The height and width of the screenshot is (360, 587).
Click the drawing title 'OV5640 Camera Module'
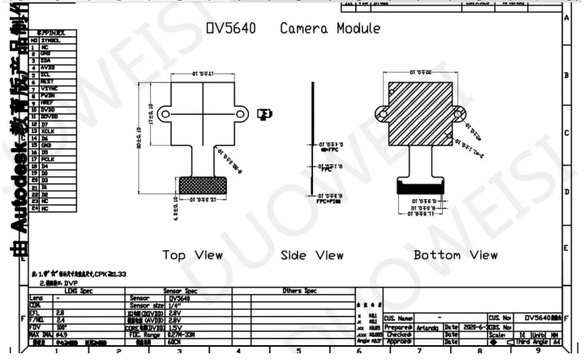[293, 28]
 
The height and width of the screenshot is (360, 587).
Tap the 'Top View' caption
[192, 255]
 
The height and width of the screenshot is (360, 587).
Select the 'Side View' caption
[312, 255]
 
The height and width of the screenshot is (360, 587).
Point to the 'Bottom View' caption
[455, 255]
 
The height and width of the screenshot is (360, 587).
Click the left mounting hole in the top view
[164, 113]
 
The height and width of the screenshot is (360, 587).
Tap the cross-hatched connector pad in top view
[202, 185]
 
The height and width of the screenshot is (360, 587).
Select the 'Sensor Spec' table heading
[180, 291]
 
